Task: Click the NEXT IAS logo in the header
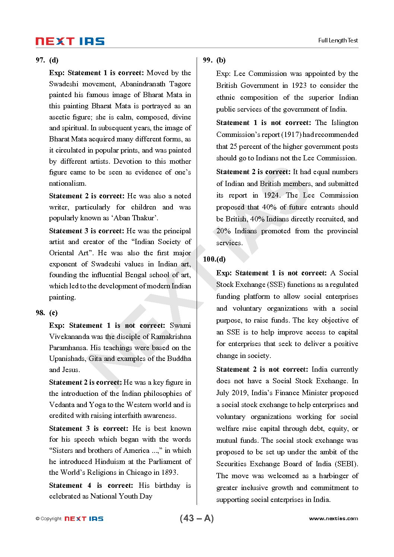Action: (70, 41)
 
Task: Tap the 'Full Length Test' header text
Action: (338, 41)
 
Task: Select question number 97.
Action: (40, 60)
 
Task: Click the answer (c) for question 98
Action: (54, 313)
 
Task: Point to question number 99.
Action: (208, 60)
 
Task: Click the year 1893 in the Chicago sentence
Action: (169, 473)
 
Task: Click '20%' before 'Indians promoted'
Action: (223, 231)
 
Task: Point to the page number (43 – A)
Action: (197, 518)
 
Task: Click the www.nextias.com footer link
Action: (333, 519)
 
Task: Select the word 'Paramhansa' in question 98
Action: (68, 348)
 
